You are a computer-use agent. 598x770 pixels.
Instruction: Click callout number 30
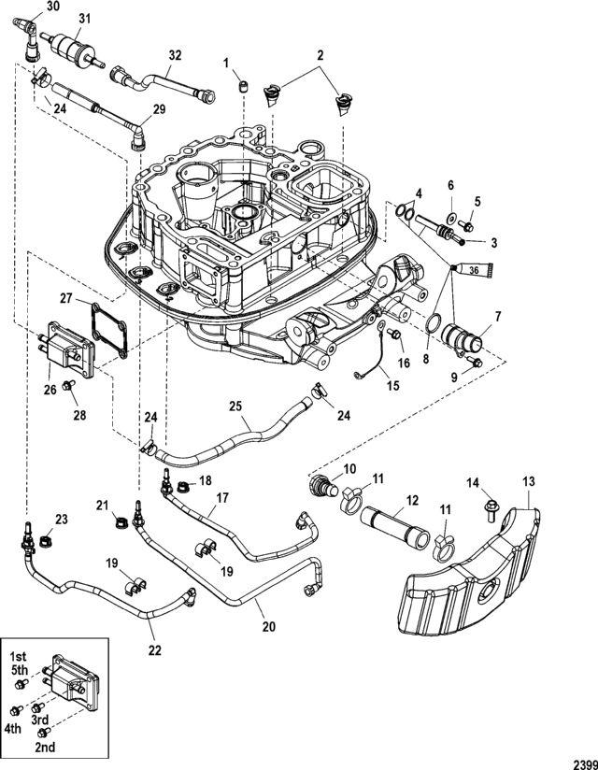[26, 6]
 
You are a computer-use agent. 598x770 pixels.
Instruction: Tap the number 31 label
[84, 19]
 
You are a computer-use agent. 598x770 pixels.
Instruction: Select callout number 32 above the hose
[175, 55]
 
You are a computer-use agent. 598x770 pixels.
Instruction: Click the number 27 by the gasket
[67, 299]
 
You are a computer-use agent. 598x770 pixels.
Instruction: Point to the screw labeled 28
[67, 387]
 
